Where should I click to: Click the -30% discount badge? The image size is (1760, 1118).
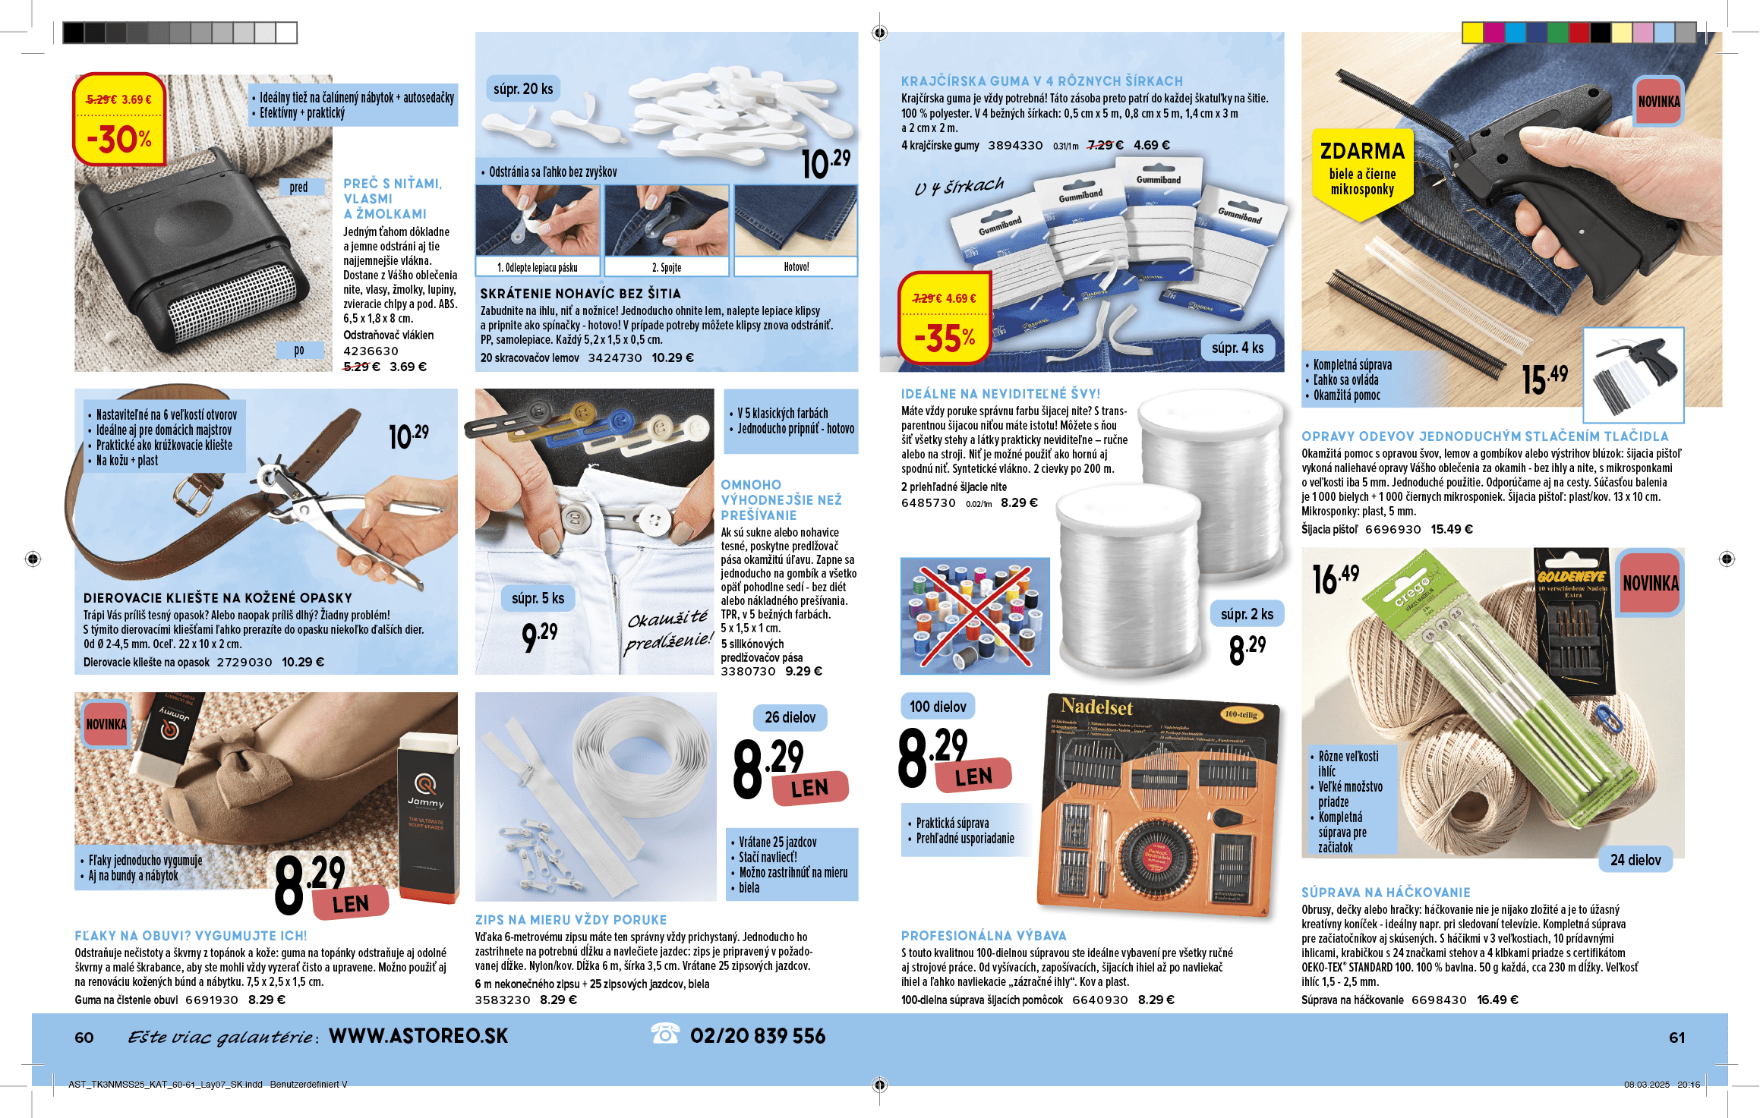pyautogui.click(x=119, y=119)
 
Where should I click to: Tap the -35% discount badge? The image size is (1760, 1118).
pyautogui.click(x=945, y=317)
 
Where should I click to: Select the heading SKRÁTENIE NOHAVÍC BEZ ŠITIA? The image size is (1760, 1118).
pyautogui.click(x=580, y=294)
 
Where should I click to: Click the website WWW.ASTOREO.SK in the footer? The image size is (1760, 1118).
pyautogui.click(x=418, y=1036)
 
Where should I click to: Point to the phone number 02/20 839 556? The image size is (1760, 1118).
pyautogui.click(x=757, y=1036)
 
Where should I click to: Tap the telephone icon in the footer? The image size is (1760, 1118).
pyautogui.click(x=665, y=1033)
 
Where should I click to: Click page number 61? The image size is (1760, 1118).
pyautogui.click(x=1676, y=1038)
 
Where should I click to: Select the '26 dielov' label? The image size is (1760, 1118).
pyautogui.click(x=790, y=717)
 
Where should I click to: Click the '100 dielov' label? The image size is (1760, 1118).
pyautogui.click(x=938, y=707)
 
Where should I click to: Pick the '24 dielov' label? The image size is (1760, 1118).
pyautogui.click(x=1635, y=860)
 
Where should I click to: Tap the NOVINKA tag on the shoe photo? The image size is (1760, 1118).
pyautogui.click(x=106, y=724)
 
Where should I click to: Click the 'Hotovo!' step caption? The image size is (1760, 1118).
pyautogui.click(x=796, y=267)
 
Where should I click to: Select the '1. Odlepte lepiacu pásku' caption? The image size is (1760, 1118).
pyautogui.click(x=538, y=267)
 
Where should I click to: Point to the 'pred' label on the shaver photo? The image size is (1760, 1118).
pyautogui.click(x=299, y=187)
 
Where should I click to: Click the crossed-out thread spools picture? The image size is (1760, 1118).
pyautogui.click(x=975, y=616)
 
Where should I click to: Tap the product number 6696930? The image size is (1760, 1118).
pyautogui.click(x=1393, y=530)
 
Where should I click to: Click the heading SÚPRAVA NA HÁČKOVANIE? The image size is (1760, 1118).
pyautogui.click(x=1386, y=893)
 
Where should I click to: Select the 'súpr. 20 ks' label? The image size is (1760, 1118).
pyautogui.click(x=523, y=89)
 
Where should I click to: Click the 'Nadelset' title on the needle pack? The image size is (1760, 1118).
pyautogui.click(x=1096, y=707)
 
